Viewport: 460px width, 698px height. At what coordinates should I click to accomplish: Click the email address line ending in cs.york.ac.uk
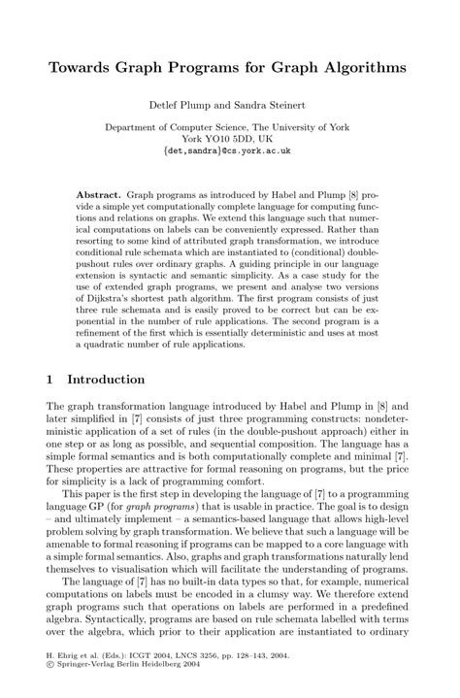pyautogui.click(x=229, y=151)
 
